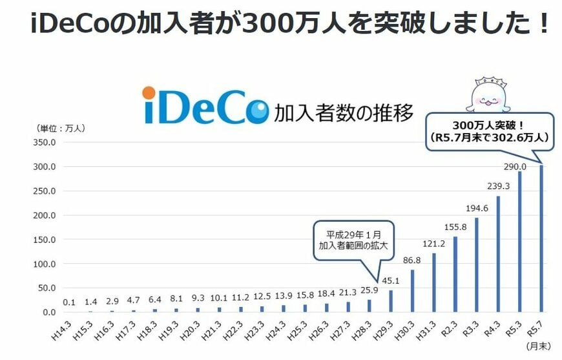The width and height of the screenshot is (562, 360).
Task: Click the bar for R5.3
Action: pos(519,242)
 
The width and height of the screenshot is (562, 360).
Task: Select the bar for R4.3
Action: pos(498,254)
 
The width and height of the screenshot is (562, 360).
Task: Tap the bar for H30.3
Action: pos(412,291)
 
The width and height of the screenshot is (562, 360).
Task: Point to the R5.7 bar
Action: pos(541,238)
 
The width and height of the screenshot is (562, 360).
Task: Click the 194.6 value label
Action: pos(477,209)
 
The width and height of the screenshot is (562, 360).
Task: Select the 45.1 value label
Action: pos(391,281)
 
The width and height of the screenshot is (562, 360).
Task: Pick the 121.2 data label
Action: pos(434,244)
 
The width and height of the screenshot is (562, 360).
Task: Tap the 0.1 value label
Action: pos(70,302)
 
